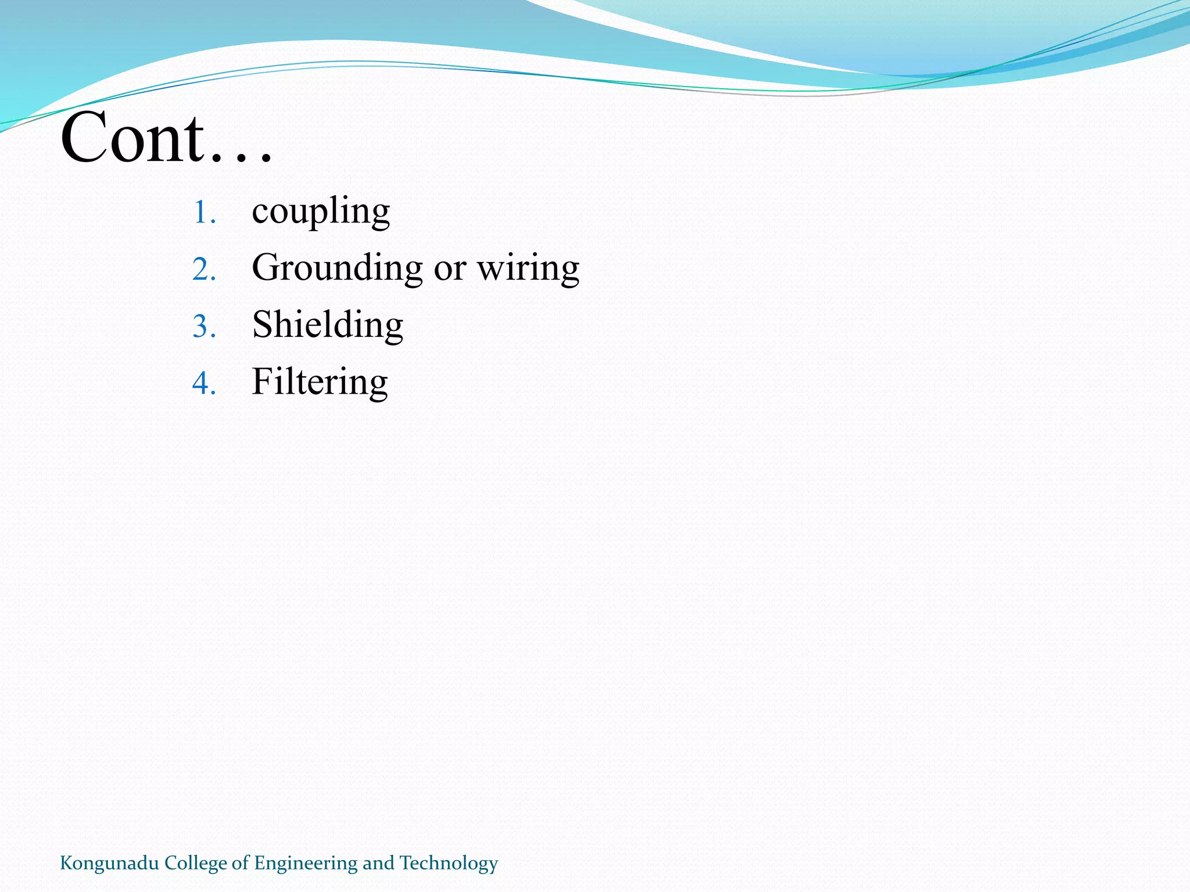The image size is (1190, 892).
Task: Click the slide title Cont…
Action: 166,138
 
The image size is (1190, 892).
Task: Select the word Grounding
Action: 337,268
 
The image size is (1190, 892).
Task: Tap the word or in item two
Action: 450,268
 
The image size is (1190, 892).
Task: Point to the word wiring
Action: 528,268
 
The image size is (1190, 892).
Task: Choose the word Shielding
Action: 328,325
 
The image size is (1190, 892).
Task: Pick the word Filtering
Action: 320,382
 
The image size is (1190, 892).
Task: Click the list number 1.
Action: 203,213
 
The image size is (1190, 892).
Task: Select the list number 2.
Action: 204,270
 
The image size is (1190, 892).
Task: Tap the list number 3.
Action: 204,326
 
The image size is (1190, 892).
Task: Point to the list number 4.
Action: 204,384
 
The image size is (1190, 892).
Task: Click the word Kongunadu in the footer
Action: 109,864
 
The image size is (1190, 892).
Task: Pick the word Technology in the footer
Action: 449,864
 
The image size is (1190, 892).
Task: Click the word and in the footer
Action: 378,864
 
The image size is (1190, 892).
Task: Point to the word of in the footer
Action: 240,864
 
